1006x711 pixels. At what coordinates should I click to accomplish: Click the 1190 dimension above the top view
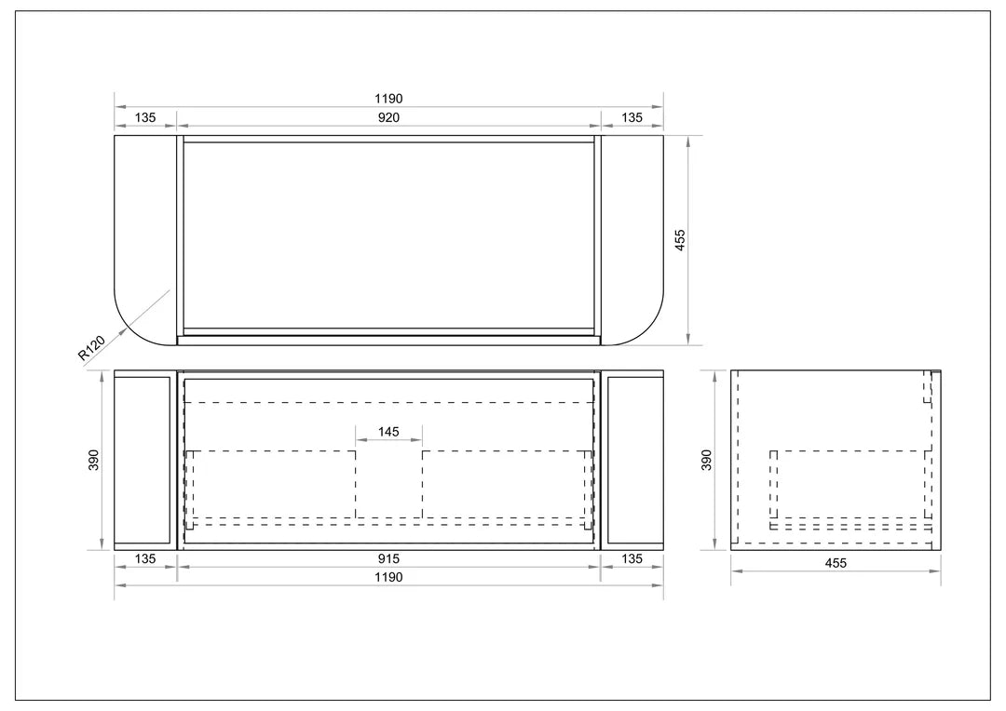[x=388, y=99]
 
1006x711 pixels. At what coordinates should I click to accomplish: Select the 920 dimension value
[x=388, y=117]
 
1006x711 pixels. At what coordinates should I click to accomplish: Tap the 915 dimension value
[x=388, y=559]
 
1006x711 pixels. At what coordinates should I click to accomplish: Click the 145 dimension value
[x=388, y=433]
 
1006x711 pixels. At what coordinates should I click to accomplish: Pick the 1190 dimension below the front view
[x=388, y=577]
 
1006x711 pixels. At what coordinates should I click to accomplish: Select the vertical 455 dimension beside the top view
[x=680, y=240]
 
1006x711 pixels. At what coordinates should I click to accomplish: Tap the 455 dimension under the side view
[x=836, y=563]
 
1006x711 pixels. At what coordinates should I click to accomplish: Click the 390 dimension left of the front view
[x=94, y=460]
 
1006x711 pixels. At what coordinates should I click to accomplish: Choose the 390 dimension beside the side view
[x=706, y=460]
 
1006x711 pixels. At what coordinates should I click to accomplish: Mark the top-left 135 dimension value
[x=145, y=117]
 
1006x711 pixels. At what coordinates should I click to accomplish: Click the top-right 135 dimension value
[x=632, y=117]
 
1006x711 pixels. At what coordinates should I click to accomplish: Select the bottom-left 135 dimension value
[x=145, y=559]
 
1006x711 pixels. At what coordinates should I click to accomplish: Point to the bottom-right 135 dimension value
[x=632, y=559]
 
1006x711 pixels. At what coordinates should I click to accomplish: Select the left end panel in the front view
[x=143, y=460]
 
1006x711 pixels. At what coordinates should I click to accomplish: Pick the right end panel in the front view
[x=633, y=460]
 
